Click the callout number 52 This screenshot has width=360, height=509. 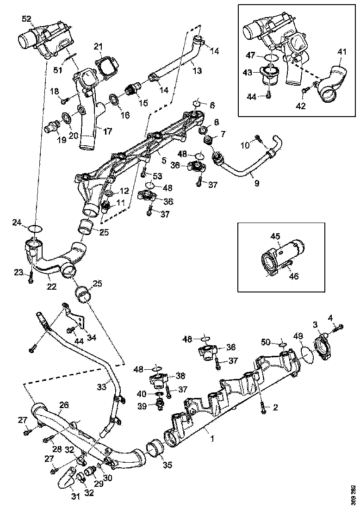(26, 19)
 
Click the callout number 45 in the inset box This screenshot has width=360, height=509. (275, 236)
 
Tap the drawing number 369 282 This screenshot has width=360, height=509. (354, 494)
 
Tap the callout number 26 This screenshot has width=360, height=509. (64, 404)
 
